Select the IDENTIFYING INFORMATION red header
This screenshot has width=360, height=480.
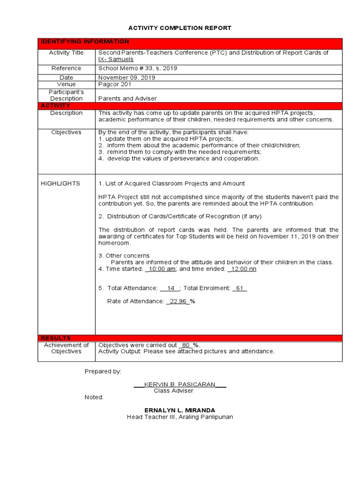(x=84, y=42)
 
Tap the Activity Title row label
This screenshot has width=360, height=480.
(x=66, y=53)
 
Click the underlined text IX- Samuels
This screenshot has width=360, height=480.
(x=116, y=60)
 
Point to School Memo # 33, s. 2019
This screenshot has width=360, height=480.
(x=138, y=68)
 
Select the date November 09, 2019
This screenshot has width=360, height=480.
(x=127, y=77)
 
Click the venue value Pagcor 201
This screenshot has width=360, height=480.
(x=114, y=84)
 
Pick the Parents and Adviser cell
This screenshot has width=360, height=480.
(x=127, y=99)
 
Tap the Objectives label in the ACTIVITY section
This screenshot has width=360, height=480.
(x=66, y=133)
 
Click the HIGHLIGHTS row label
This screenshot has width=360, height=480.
(x=60, y=184)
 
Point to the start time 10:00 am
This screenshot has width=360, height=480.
(x=162, y=269)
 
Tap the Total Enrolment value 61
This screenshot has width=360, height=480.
(x=240, y=288)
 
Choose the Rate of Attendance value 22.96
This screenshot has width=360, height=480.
(x=178, y=301)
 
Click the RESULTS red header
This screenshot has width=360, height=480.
(x=56, y=338)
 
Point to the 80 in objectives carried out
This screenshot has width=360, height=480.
(x=186, y=345)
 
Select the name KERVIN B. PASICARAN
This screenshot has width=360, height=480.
(x=180, y=384)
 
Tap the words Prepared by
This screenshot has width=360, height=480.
(x=103, y=371)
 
